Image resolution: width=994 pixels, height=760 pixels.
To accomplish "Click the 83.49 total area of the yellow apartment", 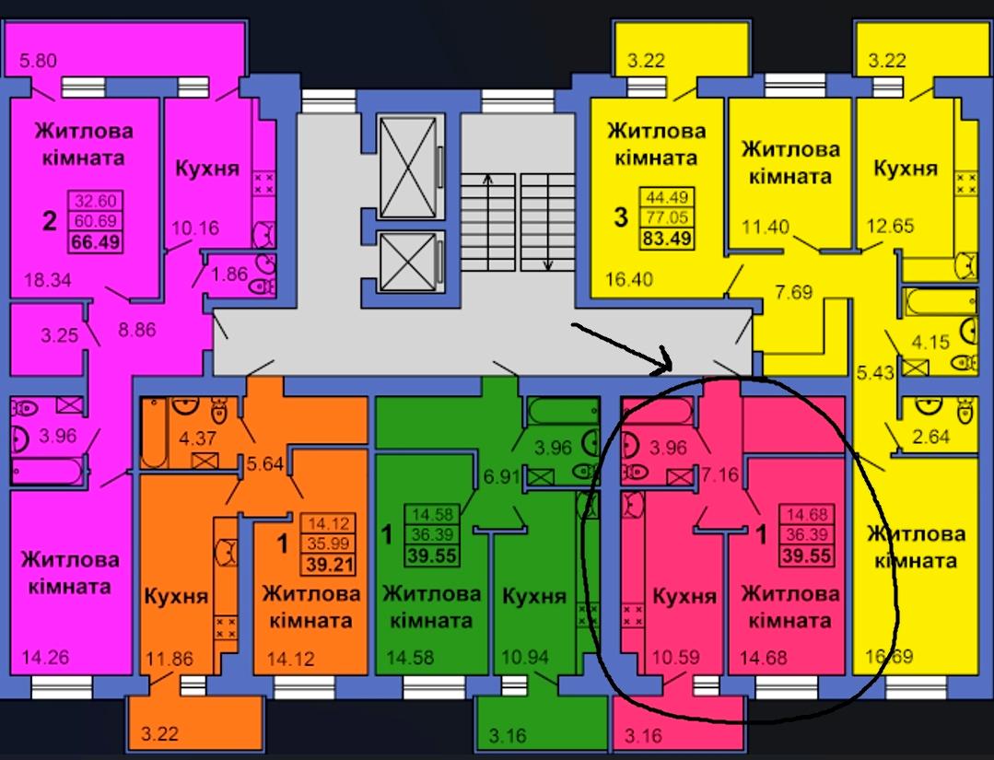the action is (x=667, y=239).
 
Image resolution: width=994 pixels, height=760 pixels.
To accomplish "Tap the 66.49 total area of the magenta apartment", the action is (x=97, y=242).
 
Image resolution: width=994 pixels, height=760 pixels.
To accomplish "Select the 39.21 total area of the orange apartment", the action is (x=328, y=564).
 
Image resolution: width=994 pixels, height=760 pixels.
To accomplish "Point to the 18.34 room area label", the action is (x=48, y=279).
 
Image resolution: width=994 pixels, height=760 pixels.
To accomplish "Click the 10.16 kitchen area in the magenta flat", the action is (x=196, y=228).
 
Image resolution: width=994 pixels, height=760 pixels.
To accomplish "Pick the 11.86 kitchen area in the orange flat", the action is (x=170, y=659).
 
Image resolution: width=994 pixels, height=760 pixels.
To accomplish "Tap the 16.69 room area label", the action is (x=889, y=656).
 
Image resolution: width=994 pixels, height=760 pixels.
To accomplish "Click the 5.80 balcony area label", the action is (x=38, y=61).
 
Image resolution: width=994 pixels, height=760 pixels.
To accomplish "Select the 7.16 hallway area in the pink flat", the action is (x=720, y=474).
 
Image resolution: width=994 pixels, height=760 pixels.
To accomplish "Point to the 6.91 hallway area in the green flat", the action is (x=502, y=476).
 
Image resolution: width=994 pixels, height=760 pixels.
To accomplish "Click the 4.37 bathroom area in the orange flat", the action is (x=198, y=438).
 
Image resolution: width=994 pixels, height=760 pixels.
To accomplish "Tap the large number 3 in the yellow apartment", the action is (x=621, y=216).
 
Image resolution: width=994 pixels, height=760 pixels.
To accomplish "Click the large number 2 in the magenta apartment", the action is (x=50, y=221).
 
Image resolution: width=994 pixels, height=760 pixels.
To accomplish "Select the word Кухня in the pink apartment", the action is (x=684, y=596).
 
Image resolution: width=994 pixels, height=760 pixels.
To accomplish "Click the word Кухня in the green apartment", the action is (x=533, y=596).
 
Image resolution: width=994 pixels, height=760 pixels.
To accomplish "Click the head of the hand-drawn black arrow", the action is (x=669, y=367).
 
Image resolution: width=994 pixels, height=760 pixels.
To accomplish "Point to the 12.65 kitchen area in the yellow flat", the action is (x=891, y=226).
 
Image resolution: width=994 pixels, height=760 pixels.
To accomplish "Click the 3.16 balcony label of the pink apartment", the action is (x=643, y=736).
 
